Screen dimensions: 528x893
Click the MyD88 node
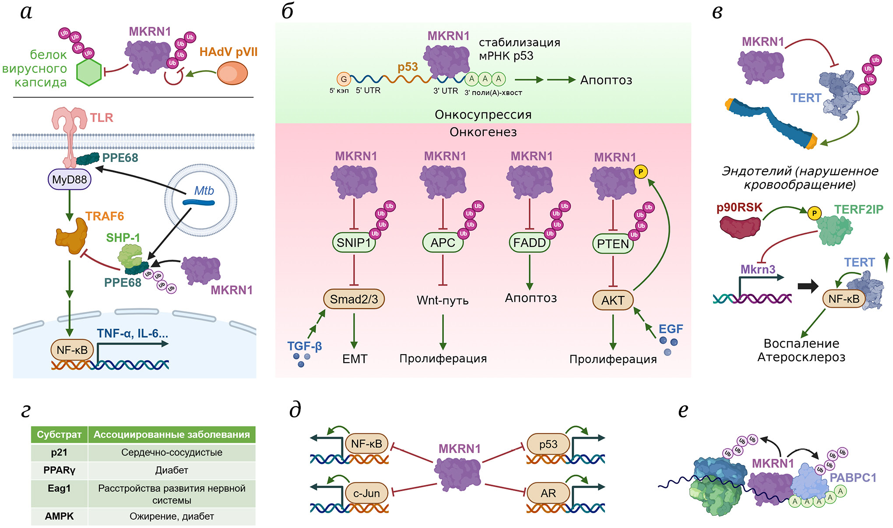69,180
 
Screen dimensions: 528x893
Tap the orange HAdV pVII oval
232,73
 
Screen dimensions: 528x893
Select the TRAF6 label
105,216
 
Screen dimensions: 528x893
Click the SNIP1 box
354,243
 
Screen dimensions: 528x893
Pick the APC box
443,243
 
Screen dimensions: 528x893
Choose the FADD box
529,243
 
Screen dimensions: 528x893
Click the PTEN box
613,244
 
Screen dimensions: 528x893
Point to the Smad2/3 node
354,299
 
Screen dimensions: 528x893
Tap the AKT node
612,300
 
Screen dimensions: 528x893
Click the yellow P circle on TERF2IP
814,213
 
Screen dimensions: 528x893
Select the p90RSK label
739,208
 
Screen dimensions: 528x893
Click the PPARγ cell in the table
59,470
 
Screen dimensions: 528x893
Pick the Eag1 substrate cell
59,489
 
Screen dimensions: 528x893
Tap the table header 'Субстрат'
59,435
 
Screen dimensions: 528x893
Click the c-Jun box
366,493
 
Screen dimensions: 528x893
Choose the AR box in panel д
548,493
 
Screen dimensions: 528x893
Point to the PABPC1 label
853,478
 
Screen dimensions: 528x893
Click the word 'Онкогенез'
483,132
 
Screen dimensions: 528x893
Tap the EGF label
671,329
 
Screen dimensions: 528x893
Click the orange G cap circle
344,79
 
